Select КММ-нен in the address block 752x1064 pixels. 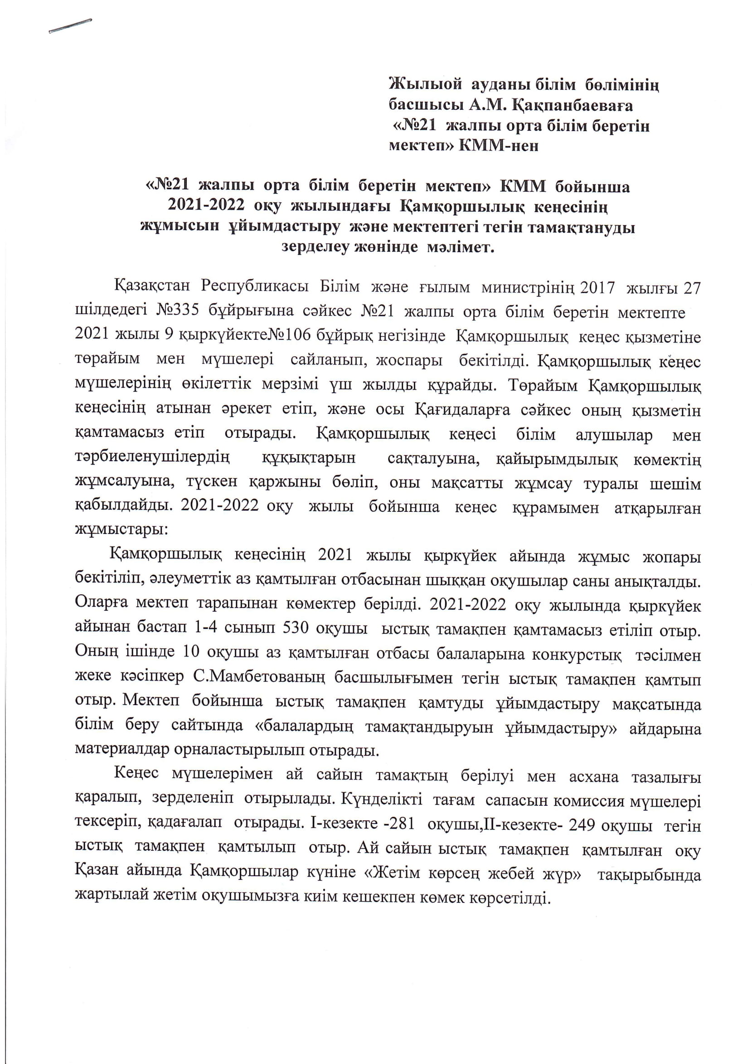click(x=499, y=146)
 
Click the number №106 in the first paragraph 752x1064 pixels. click(x=287, y=335)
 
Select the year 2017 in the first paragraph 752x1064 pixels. click(x=597, y=288)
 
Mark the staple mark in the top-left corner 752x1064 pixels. click(x=70, y=26)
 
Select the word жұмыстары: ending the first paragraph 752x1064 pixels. click(x=121, y=530)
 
